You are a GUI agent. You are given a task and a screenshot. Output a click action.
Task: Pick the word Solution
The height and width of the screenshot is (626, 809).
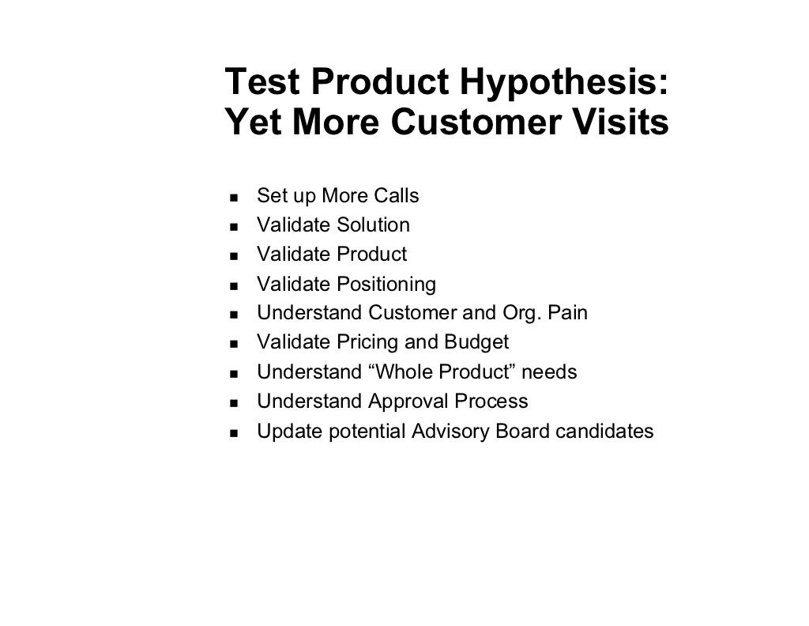373,225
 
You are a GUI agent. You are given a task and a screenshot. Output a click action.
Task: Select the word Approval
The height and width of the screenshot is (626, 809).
408,402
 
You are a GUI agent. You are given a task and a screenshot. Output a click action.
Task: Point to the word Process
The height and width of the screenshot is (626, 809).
491,402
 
